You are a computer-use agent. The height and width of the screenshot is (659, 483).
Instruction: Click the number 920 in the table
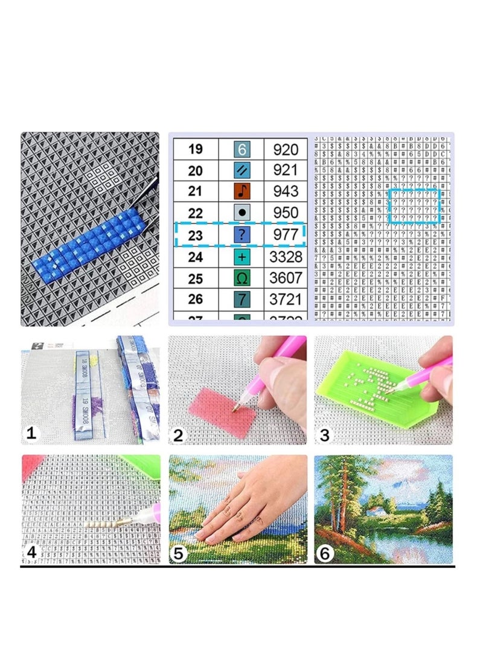[286, 149]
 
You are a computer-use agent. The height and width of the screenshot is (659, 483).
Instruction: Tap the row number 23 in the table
[195, 236]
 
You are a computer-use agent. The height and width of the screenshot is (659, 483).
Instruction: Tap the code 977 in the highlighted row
[286, 236]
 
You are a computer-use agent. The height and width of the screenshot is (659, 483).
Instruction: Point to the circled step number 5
[179, 553]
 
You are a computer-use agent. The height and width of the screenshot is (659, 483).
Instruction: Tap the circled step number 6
[324, 553]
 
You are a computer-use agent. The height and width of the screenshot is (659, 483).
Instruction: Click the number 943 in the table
[286, 192]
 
